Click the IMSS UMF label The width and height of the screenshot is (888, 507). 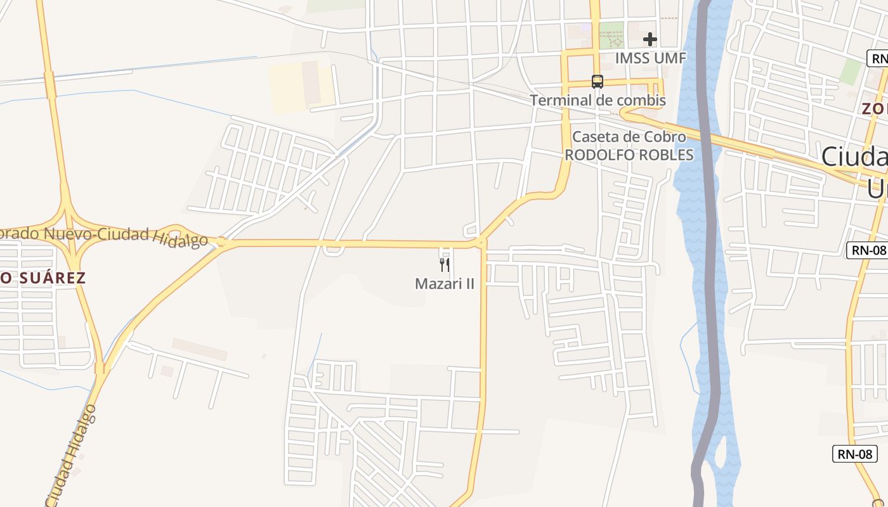[x=650, y=58]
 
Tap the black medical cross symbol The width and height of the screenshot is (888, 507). [x=650, y=40]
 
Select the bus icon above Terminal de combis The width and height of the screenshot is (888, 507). [x=597, y=82]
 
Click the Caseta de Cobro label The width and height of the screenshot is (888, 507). [x=629, y=137]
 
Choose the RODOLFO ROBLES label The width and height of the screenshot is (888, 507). [x=629, y=155]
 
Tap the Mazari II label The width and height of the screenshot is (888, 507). [x=444, y=284]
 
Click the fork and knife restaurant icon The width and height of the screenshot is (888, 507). [x=445, y=264]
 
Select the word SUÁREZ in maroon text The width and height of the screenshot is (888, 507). [x=51, y=278]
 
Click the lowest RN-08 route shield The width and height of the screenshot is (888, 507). [x=854, y=454]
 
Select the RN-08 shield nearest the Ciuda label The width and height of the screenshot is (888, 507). [x=866, y=250]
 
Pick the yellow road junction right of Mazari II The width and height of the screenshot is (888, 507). [x=481, y=242]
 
